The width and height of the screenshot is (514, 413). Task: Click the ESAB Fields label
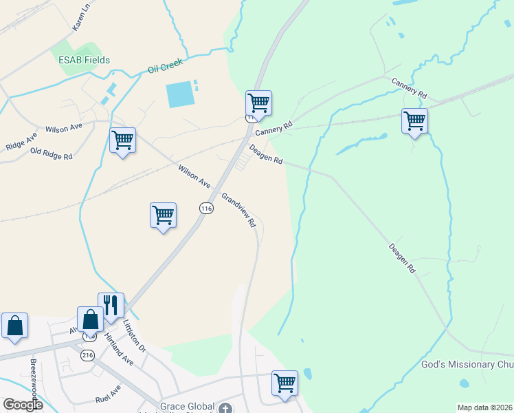[x=83, y=60]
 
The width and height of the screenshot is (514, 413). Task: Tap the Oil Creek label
[x=166, y=67]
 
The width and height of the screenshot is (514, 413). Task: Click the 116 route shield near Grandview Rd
[x=206, y=208]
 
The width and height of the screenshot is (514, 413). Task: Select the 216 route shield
[x=87, y=355]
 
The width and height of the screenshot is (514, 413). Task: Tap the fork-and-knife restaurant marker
[x=110, y=305]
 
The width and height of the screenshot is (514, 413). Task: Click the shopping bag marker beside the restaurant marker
[x=90, y=319]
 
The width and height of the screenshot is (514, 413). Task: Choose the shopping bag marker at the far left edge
[x=14, y=326]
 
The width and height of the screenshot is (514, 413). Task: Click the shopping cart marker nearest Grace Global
[x=284, y=383]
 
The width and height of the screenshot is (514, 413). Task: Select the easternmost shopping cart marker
[x=415, y=121]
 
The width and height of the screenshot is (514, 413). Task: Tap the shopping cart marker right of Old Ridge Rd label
[x=122, y=140]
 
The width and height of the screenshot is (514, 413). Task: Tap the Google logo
[x=23, y=405]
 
